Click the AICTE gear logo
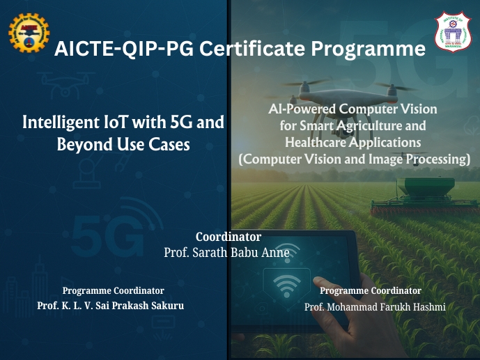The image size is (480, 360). tap(29, 33)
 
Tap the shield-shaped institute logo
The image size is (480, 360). tap(453, 32)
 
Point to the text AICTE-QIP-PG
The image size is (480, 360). tap(124, 49)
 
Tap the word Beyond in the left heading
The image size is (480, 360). tap(84, 144)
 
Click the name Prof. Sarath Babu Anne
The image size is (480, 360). tap(226, 253)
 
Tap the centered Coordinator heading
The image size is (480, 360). tap(229, 237)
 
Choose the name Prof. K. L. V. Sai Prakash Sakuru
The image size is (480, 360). tap(111, 305)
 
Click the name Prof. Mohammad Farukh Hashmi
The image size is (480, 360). tap(375, 307)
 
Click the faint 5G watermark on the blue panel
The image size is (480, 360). tap(107, 235)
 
